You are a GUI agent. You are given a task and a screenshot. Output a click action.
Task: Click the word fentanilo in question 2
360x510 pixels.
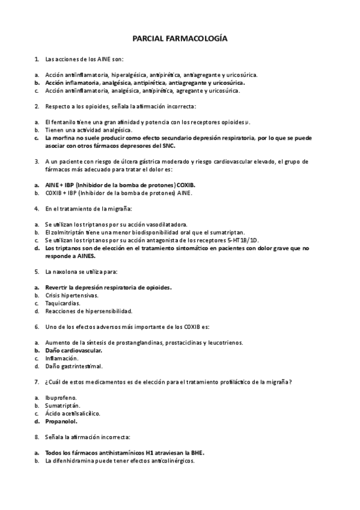tap(63, 122)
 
